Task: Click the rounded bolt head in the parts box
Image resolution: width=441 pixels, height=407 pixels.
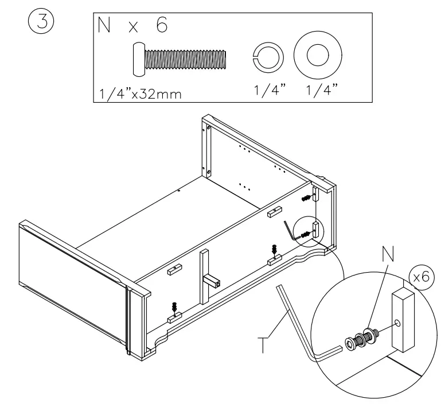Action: click(139, 60)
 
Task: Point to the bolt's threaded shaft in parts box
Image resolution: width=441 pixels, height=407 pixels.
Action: click(186, 60)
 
